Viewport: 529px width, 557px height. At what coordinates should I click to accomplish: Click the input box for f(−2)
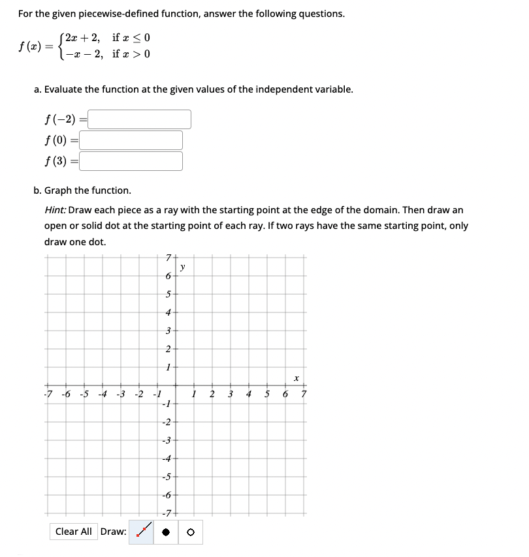click(139, 119)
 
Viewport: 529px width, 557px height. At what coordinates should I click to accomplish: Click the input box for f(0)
click(131, 140)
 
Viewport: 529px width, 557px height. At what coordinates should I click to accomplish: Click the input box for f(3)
click(131, 161)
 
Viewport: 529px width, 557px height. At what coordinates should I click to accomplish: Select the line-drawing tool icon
click(144, 531)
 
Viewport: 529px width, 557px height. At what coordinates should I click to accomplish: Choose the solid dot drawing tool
click(167, 532)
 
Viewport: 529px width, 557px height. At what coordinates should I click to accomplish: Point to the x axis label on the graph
click(295, 378)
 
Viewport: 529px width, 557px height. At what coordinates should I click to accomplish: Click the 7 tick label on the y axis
click(168, 256)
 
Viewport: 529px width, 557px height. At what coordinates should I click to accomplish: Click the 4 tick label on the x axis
click(248, 394)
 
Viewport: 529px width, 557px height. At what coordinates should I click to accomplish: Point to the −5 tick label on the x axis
click(84, 394)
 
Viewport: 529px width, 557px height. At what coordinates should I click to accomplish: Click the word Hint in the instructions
click(54, 210)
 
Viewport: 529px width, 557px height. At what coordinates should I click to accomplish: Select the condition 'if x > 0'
click(131, 53)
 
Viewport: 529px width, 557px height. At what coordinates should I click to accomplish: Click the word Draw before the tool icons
click(113, 532)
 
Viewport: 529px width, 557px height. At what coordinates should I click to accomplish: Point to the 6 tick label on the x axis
click(285, 394)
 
